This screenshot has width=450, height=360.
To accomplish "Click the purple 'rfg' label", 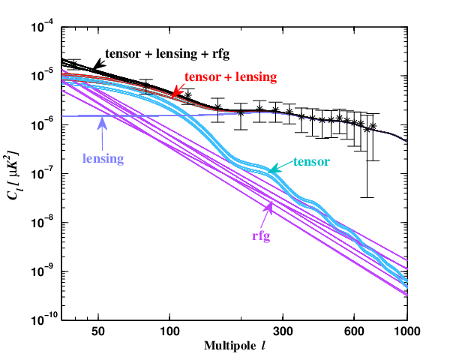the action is [x=261, y=236].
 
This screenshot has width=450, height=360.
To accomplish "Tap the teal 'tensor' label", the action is [x=312, y=162].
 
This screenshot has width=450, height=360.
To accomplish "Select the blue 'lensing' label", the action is [x=103, y=158].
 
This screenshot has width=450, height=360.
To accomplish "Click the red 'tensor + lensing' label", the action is [x=231, y=77].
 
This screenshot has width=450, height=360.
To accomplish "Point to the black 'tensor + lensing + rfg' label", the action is [x=167, y=54].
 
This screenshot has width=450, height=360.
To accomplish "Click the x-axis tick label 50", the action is [x=97, y=331].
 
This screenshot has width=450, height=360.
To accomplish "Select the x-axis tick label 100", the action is [x=169, y=331].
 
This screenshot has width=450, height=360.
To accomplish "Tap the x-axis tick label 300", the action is [x=283, y=331].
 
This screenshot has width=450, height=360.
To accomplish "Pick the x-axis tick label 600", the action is [x=354, y=331].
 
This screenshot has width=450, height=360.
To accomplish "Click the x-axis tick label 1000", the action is [x=407, y=331].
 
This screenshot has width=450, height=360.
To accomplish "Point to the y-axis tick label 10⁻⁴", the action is [x=43, y=27].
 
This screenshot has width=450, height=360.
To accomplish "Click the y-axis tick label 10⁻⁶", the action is [x=43, y=125].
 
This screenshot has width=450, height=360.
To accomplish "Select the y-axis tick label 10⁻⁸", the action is [x=43, y=223].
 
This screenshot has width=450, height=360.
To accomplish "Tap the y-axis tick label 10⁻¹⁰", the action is [x=43, y=320].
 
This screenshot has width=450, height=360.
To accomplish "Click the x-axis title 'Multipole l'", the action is [x=235, y=346].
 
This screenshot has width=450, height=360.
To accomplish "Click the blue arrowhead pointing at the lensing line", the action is [x=102, y=124].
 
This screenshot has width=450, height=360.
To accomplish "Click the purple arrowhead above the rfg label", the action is [x=269, y=207].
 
